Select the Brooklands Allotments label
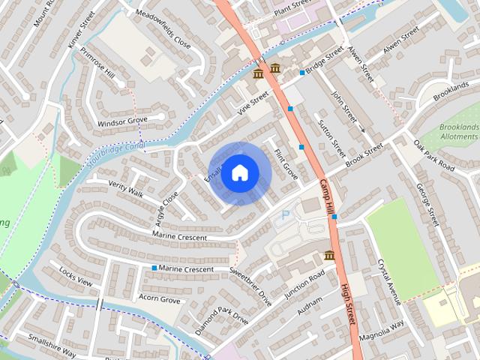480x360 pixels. click(x=459, y=132)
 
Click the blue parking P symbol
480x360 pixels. click(x=284, y=215)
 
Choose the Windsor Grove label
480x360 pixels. click(x=121, y=121)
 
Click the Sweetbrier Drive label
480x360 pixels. click(x=250, y=286)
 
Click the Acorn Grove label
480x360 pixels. click(x=159, y=299)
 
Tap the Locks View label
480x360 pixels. click(x=75, y=277)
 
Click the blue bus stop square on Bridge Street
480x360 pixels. click(x=302, y=73)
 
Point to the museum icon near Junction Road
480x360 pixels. click(x=329, y=256)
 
